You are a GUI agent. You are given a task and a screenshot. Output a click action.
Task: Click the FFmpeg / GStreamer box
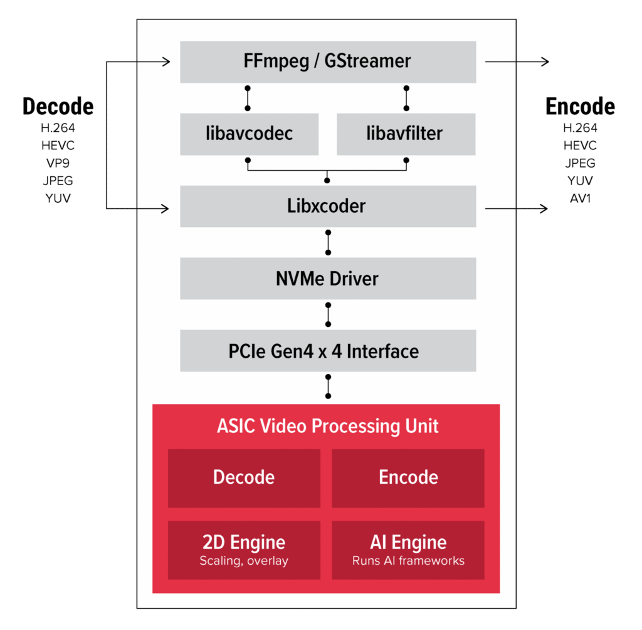(x=327, y=62)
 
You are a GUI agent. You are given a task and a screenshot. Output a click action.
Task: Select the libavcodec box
(x=249, y=134)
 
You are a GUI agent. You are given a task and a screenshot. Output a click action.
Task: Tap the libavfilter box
(x=406, y=134)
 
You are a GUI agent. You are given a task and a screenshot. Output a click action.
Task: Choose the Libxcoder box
(x=327, y=206)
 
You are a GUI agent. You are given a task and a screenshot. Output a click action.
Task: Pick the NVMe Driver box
(x=327, y=279)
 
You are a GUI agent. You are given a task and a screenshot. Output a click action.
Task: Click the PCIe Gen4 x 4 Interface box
(x=327, y=351)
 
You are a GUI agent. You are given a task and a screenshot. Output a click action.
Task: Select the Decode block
(x=244, y=478)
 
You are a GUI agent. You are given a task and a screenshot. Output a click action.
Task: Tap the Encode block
(x=408, y=478)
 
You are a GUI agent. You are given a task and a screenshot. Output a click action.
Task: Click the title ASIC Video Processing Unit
(x=327, y=426)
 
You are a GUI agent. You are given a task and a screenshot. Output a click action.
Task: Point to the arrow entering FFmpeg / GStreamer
(x=154, y=61)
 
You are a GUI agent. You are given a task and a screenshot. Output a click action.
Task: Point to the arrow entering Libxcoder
(x=154, y=208)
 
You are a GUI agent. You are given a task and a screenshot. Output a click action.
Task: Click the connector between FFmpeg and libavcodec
(x=248, y=99)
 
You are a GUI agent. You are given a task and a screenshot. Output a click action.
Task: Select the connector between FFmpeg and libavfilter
(x=406, y=99)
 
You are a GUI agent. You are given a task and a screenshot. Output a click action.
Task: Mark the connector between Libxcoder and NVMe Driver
(x=328, y=242)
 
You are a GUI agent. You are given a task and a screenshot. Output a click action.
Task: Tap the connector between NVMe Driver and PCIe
(x=328, y=314)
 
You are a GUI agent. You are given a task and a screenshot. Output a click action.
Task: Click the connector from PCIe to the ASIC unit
(x=328, y=387)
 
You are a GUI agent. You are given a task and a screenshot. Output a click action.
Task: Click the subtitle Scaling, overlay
(x=244, y=561)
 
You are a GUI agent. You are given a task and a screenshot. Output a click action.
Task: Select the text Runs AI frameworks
(x=408, y=561)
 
